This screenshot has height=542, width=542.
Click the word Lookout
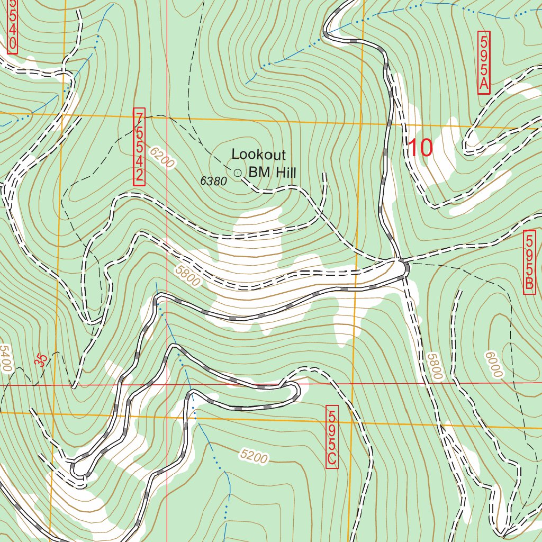pos(259,155)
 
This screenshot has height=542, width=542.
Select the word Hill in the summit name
pos(285,172)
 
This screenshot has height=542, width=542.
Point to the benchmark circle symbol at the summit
pos(237,172)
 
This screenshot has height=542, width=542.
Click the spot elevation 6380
pos(213,181)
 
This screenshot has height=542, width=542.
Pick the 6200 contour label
pos(161,158)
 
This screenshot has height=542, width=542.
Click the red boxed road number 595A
pos(484,62)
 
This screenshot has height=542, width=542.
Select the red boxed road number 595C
pos(332,437)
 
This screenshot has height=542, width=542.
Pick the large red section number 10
pos(420,148)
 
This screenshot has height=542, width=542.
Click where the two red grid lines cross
pos(167,385)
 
